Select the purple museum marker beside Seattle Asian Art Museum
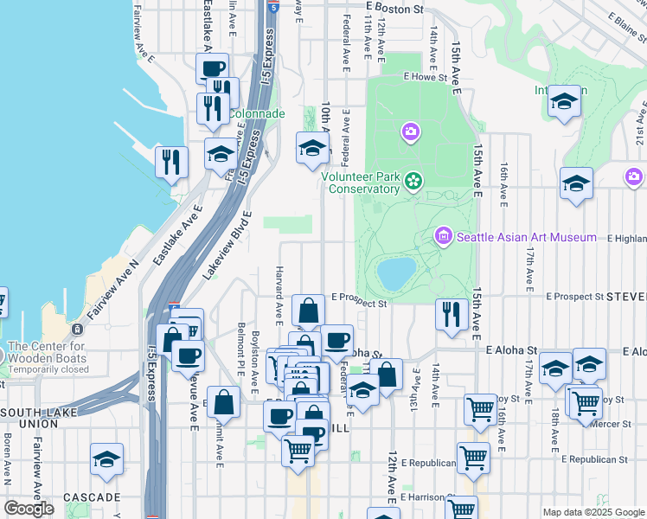444,235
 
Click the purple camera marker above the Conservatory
410,132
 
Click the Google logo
29,509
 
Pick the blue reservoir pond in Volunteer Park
395,273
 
